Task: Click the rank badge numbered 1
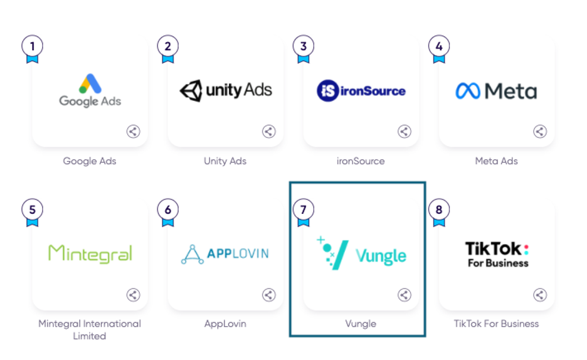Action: pos(32,46)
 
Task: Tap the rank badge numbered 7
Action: pos(304,209)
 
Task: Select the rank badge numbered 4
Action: pos(439,46)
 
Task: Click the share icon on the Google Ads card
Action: pos(133,132)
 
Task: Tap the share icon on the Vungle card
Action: pos(405,295)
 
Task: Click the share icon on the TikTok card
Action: pos(540,295)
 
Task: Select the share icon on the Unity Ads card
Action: pos(268,132)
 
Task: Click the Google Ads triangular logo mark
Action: pos(90,83)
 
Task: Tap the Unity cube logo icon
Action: pos(191,91)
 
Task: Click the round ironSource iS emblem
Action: pos(327,91)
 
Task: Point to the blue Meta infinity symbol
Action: pos(467,92)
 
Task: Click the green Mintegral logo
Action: pos(90,253)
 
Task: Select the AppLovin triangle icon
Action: pos(192,254)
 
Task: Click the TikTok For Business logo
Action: pos(497,255)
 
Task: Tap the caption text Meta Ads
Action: pos(496,161)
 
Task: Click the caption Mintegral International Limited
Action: pos(90,330)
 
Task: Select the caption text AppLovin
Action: pos(225,324)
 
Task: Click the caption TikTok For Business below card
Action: pos(496,324)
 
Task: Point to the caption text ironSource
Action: pos(361,161)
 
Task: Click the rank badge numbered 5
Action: pos(32,209)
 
